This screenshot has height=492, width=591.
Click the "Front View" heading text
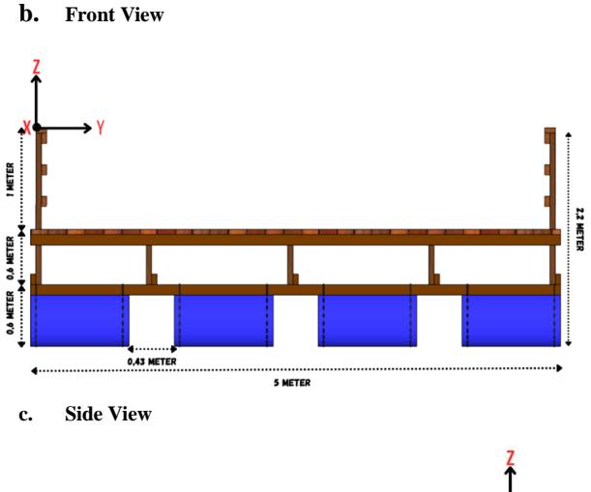(x=114, y=15)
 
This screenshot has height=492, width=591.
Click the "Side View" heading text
(x=108, y=414)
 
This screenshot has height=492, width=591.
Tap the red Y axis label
(x=100, y=128)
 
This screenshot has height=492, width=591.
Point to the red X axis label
(x=27, y=128)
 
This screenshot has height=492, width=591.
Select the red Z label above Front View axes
(x=36, y=67)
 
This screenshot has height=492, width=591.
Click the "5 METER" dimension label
(x=292, y=383)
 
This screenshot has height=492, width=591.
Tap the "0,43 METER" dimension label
(x=152, y=362)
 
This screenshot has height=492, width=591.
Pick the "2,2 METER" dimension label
(x=580, y=229)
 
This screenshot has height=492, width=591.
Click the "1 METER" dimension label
(x=11, y=180)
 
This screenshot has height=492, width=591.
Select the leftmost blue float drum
(x=79, y=321)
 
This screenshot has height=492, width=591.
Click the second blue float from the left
(x=223, y=321)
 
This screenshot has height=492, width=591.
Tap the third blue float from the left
(x=368, y=321)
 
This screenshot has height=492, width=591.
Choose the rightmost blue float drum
(x=512, y=321)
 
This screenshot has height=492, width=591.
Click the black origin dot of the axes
(x=37, y=128)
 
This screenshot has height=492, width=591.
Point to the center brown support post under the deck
(x=290, y=265)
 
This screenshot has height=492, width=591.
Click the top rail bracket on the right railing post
(x=547, y=137)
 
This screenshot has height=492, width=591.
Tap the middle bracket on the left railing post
(x=44, y=169)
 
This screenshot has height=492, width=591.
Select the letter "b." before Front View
(x=29, y=15)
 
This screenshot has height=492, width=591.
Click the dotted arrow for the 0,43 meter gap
(x=152, y=349)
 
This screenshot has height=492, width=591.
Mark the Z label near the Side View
(x=511, y=458)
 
